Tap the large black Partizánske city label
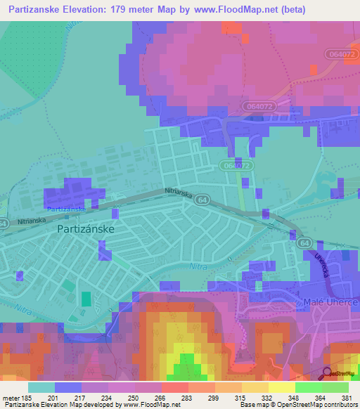85,228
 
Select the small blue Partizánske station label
65,209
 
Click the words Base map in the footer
253,405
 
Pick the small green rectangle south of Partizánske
85,299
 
